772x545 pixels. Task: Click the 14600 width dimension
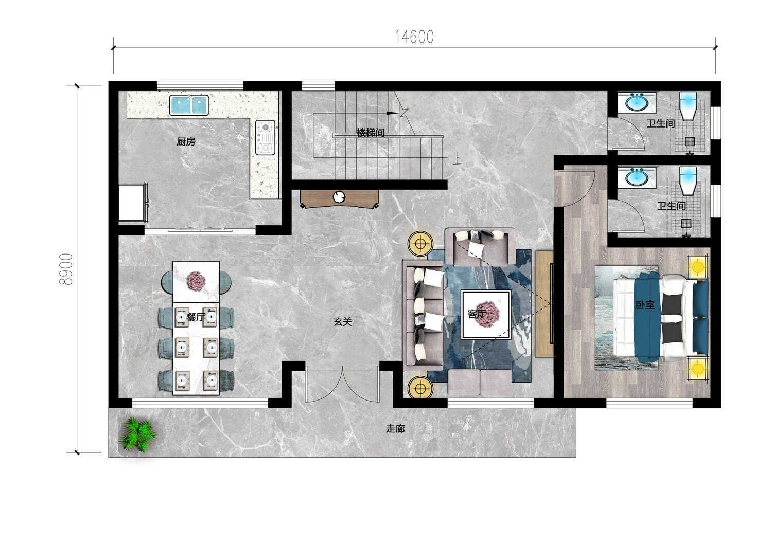pos(414,37)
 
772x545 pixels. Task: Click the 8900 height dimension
pos(66,269)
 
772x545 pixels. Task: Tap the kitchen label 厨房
pos(186,141)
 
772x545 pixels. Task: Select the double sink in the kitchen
pos(189,105)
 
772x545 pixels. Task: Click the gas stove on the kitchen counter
pos(265,137)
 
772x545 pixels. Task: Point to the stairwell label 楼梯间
pos(371,133)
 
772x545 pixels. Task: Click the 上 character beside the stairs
pos(457,159)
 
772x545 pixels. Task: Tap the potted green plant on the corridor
pos(137,433)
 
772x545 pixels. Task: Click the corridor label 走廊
pos(395,429)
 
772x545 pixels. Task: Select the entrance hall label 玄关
pos(343,322)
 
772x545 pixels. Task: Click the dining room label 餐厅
pos(196,317)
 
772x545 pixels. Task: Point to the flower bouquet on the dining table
pos(197,281)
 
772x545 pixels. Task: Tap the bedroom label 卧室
pos(645,305)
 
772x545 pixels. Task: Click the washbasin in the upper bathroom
pos(636,102)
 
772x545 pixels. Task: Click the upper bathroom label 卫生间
pos(661,123)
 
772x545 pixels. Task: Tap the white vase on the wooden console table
pos(339,196)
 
